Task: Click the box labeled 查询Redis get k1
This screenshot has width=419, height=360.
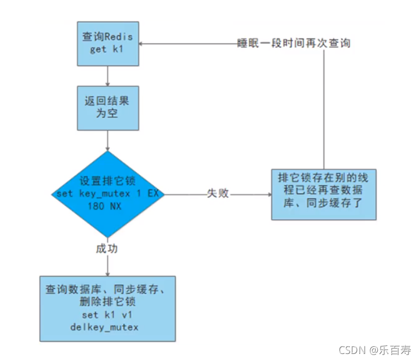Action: click(107, 43)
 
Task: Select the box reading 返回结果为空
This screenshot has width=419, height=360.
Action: click(107, 108)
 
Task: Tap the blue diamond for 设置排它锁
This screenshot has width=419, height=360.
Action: click(107, 194)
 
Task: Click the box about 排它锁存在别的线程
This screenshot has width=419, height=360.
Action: click(324, 194)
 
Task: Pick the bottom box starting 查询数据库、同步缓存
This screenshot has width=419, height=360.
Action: click(107, 308)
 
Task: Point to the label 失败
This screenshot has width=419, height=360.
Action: click(218, 194)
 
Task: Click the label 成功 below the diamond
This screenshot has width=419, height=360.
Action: click(107, 249)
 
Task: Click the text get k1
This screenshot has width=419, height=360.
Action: click(107, 50)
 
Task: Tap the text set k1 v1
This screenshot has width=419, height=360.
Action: click(107, 315)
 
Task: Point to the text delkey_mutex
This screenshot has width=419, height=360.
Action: click(107, 328)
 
